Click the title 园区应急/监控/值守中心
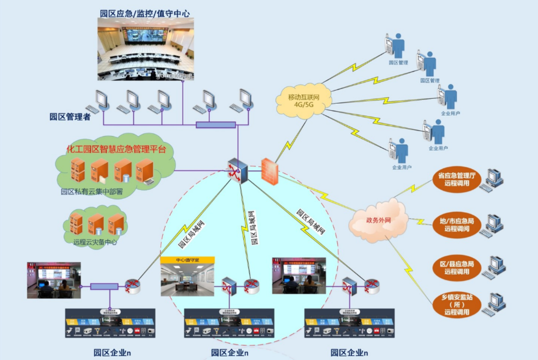tap(145, 13)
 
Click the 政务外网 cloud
tap(379, 221)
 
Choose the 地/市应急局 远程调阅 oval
tap(456, 224)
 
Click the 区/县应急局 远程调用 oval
tap(457, 268)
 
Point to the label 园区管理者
tap(70, 117)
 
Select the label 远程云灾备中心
tap(95, 242)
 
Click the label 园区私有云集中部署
tap(92, 192)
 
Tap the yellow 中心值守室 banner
tap(187, 260)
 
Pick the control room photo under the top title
tap(145, 50)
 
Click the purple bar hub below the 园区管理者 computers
tap(215, 125)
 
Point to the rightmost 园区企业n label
tap(349, 353)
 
